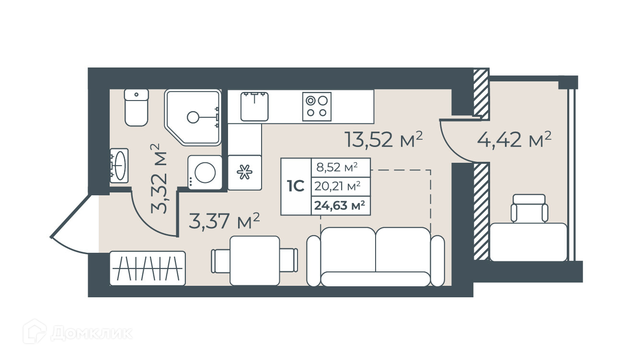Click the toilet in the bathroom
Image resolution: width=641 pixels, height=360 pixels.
(137, 108)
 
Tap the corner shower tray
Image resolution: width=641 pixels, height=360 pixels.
(193, 117)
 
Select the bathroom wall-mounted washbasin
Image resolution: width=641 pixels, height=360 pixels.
(119, 165)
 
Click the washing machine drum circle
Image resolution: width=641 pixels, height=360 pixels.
(205, 172)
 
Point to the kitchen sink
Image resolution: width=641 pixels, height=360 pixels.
(254, 106)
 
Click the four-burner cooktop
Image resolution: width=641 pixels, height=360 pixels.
(317, 107)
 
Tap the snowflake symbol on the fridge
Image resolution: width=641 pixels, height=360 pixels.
(245, 172)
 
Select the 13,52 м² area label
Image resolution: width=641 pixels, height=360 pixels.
(384, 139)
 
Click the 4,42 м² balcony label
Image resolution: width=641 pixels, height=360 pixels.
(514, 139)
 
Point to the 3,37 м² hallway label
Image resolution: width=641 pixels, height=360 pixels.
(224, 221)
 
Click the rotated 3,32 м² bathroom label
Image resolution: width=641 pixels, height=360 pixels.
(159, 179)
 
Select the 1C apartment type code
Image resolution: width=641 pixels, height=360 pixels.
(296, 186)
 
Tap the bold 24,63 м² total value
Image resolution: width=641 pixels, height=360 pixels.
(340, 205)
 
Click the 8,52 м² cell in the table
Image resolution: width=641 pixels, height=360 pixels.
(337, 167)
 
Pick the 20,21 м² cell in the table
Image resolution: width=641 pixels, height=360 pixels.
(337, 186)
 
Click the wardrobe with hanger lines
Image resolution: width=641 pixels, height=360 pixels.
(148, 268)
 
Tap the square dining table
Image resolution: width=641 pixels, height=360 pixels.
(255, 260)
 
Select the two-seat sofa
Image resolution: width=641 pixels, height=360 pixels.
(376, 257)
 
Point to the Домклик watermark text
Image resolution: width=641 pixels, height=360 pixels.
(92, 333)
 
